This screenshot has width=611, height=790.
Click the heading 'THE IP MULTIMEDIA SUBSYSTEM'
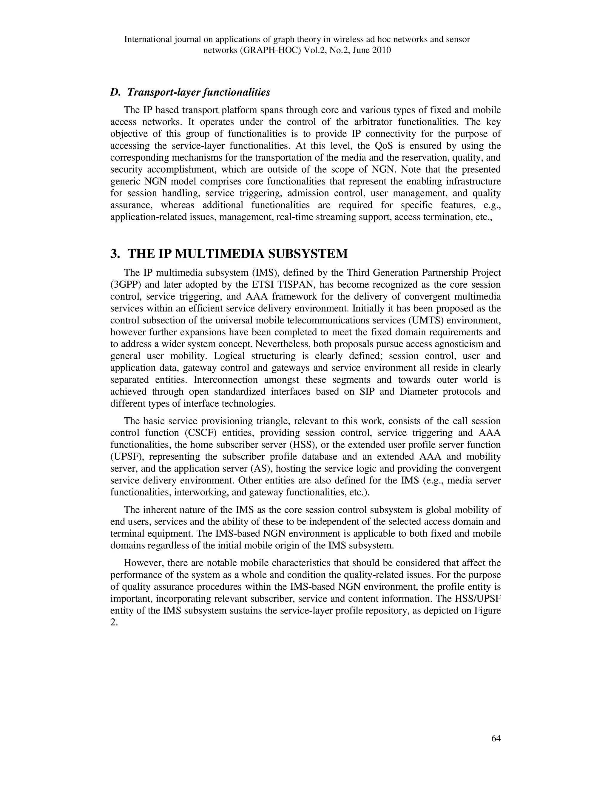tap(237, 254)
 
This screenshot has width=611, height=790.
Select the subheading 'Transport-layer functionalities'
tap(199, 93)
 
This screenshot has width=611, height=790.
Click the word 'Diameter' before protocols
tap(419, 391)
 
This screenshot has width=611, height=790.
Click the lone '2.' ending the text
tap(114, 622)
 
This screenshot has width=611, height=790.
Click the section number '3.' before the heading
tap(115, 254)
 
